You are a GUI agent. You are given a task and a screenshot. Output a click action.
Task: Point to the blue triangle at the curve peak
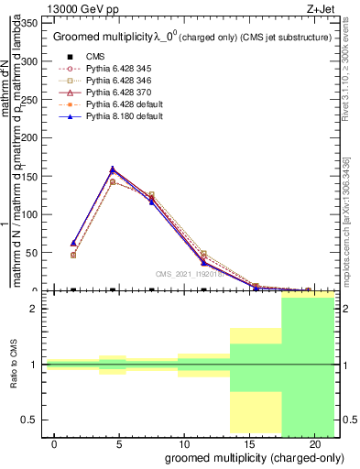113,169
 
